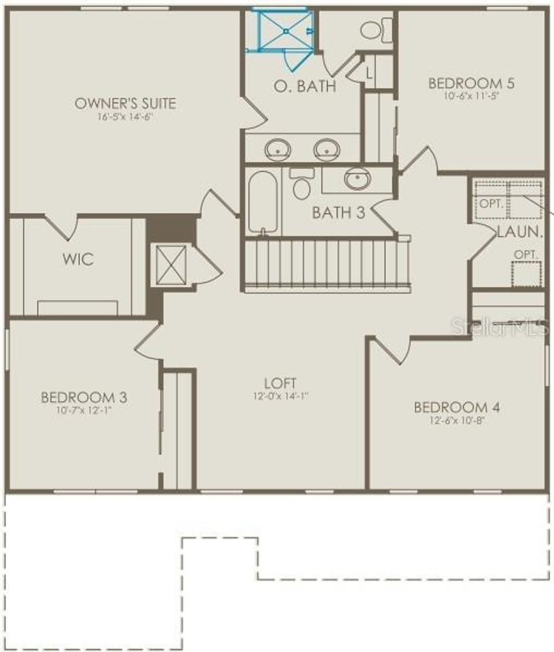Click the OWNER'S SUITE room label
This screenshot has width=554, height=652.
[125, 103]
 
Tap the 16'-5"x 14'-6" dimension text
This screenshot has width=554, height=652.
[125, 117]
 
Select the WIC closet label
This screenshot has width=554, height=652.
[78, 259]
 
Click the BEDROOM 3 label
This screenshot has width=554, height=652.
[84, 398]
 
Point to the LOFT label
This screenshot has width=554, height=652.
[280, 384]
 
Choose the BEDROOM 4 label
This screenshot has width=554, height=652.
[457, 407]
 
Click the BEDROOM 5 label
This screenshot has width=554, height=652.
[471, 83]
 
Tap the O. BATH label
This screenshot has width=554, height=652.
[305, 86]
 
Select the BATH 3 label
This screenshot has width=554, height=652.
[339, 212]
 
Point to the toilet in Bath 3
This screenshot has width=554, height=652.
[301, 185]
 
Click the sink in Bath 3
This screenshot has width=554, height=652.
[358, 178]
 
